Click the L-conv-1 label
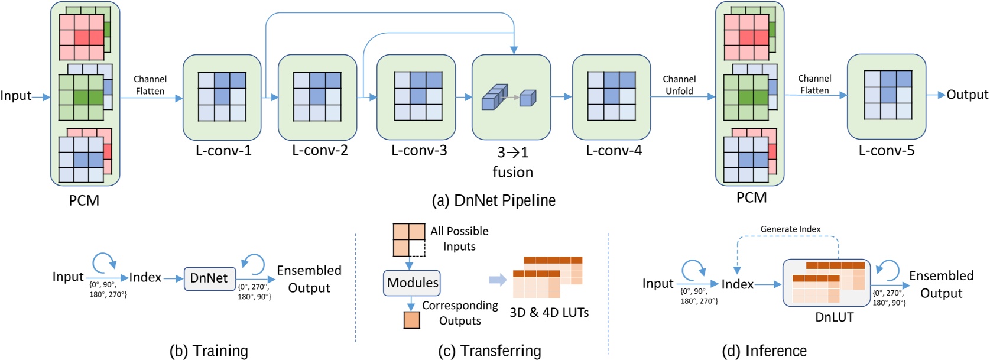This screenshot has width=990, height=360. [223, 151]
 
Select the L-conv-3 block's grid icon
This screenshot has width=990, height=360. [418, 96]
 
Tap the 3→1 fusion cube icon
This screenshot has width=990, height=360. [509, 97]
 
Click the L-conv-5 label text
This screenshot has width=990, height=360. [886, 151]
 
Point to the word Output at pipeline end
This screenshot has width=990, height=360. [967, 95]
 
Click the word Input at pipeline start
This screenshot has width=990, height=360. [15, 96]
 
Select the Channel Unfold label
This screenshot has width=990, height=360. [679, 85]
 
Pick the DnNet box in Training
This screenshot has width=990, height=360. [209, 278]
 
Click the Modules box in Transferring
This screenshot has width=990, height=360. [413, 283]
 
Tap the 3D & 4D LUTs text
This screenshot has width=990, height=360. [549, 312]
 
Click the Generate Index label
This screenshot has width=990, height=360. [790, 229]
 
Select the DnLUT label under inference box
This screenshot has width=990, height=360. [834, 317]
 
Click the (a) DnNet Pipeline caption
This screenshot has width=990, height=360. [494, 200]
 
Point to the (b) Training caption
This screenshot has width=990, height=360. [209, 351]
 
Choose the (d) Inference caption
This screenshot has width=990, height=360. [764, 351]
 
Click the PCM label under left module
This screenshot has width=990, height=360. [84, 200]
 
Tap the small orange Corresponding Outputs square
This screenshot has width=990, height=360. [411, 320]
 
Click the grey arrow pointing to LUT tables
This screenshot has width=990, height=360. [498, 280]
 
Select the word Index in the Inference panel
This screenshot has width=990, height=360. [737, 284]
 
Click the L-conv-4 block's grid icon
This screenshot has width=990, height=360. [611, 96]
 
